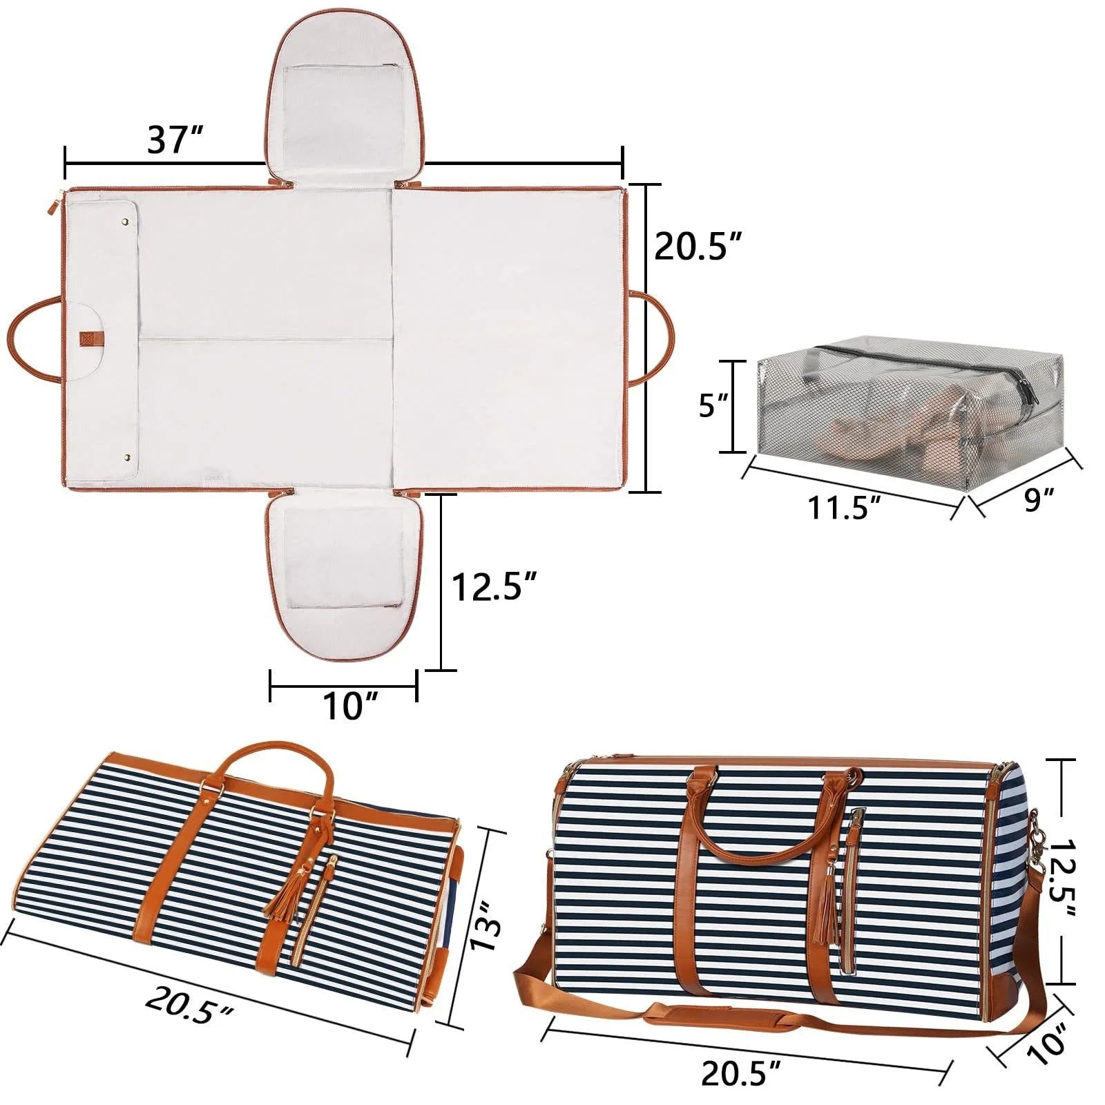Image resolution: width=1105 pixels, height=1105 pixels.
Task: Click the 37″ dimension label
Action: [175, 140]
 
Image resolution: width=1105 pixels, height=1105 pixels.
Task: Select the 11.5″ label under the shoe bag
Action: [844, 509]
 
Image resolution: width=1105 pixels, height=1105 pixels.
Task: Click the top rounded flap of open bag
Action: [343, 97]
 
